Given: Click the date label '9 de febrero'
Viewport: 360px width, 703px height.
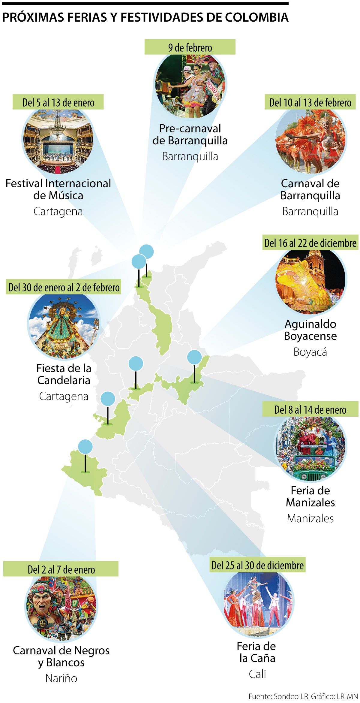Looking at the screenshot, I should (x=190, y=47).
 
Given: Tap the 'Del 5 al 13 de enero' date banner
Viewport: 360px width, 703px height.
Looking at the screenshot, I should (x=58, y=102).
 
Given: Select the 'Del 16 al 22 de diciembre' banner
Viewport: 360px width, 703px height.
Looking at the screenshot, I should (x=310, y=243).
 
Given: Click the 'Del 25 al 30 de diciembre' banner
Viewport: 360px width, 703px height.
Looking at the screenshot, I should (x=257, y=565).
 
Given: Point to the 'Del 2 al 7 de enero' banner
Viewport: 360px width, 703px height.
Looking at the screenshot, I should (x=61, y=569).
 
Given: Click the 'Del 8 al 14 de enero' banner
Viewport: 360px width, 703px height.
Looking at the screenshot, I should (x=310, y=409).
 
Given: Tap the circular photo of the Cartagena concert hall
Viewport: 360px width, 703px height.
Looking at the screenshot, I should (x=58, y=140).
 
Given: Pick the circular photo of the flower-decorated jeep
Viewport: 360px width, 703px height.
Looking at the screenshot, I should (x=311, y=448).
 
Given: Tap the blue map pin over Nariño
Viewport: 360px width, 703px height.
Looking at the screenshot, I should (x=85, y=447).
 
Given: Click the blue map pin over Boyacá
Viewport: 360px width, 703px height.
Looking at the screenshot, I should (x=194, y=357).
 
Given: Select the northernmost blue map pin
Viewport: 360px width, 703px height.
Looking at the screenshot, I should (x=146, y=252).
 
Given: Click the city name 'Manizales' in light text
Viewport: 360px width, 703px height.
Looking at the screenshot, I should (x=310, y=518).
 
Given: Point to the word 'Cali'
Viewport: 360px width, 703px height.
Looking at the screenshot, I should (x=257, y=674).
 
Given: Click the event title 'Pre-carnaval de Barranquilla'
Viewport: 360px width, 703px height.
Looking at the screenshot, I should (x=190, y=134).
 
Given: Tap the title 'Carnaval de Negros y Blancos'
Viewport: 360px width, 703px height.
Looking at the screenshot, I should (x=61, y=656).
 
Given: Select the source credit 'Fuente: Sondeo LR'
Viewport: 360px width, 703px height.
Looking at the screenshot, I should (x=278, y=696).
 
